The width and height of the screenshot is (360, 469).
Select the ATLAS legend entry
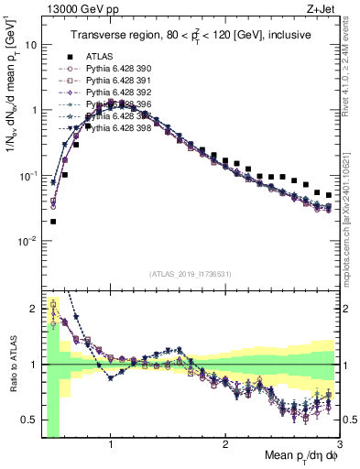tap(100, 54)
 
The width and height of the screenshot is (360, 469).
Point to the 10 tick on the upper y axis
tap(30, 44)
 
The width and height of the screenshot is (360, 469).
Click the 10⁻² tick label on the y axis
tap(27, 241)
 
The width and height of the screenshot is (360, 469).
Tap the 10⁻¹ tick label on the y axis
tap(27, 175)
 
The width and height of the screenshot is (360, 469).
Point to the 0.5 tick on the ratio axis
tap(29, 420)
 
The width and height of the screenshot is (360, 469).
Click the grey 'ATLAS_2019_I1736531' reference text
tap(190, 274)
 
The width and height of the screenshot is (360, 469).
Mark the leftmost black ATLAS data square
tap(53, 221)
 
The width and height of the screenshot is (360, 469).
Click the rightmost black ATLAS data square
tap(329, 194)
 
